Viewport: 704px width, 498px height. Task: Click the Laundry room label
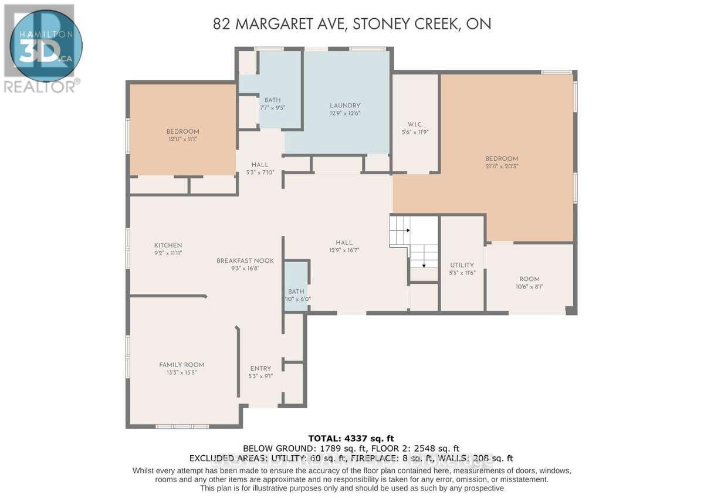click(345, 106)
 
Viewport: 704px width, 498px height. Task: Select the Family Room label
click(182, 364)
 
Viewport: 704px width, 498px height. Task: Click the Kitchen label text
click(168, 245)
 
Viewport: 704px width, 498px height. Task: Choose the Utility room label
click(462, 265)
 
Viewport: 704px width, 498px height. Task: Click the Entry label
click(260, 368)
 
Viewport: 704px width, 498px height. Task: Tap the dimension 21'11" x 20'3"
click(502, 167)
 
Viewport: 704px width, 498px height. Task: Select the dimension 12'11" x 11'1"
click(182, 139)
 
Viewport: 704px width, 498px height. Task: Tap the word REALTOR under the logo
click(39, 87)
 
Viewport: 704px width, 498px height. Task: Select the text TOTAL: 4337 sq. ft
click(352, 438)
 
